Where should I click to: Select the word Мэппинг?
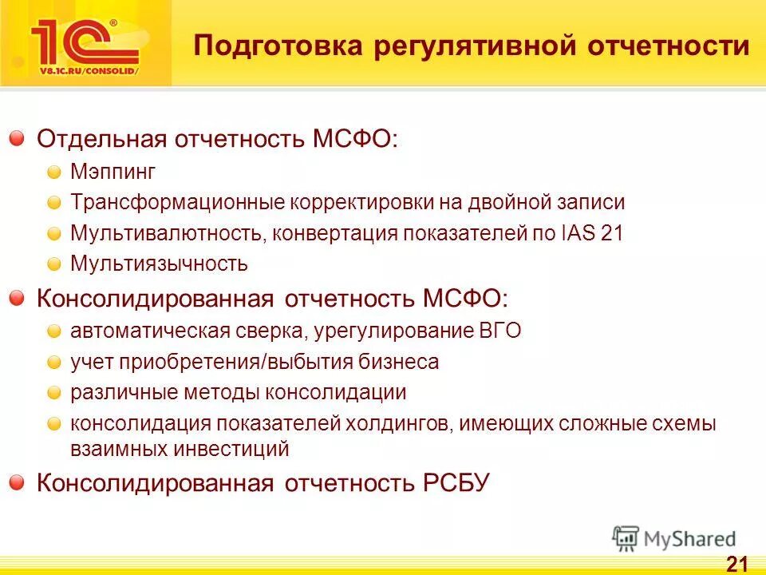coord(113,172)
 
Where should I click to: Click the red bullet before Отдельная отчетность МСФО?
coord(17,139)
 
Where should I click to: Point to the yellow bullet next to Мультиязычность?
coord(53,263)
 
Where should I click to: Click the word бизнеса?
coord(402,362)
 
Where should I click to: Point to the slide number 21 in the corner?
coord(736,563)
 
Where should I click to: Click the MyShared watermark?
coord(675,539)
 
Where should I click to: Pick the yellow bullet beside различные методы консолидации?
coord(53,393)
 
